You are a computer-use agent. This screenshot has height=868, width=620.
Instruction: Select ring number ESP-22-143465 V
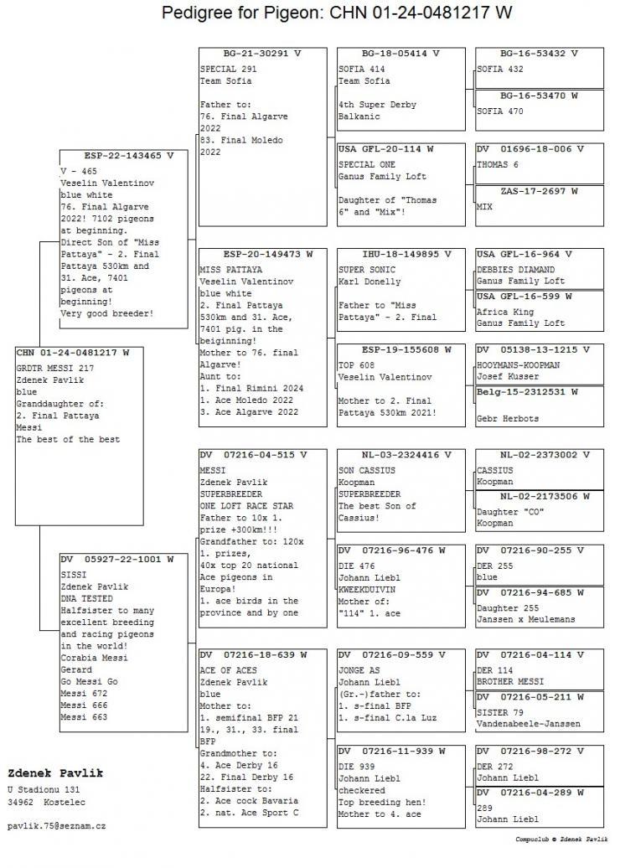pyautogui.click(x=123, y=156)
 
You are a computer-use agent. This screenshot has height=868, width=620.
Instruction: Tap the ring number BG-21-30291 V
pyautogui.click(x=262, y=53)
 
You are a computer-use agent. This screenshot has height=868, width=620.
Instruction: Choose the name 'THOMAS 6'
pyautogui.click(x=498, y=165)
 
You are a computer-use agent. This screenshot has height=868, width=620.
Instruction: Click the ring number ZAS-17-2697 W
pyautogui.click(x=539, y=191)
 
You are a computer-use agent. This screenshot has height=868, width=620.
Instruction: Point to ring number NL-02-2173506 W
pyautogui.click(x=539, y=496)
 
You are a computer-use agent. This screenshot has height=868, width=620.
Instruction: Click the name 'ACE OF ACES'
pyautogui.click(x=228, y=670)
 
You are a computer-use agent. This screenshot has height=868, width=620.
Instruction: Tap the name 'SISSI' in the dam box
pyautogui.click(x=74, y=576)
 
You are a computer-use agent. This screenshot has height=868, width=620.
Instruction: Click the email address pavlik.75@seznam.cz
pyautogui.click(x=57, y=826)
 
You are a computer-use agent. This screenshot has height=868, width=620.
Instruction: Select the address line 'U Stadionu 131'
pyautogui.click(x=44, y=789)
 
